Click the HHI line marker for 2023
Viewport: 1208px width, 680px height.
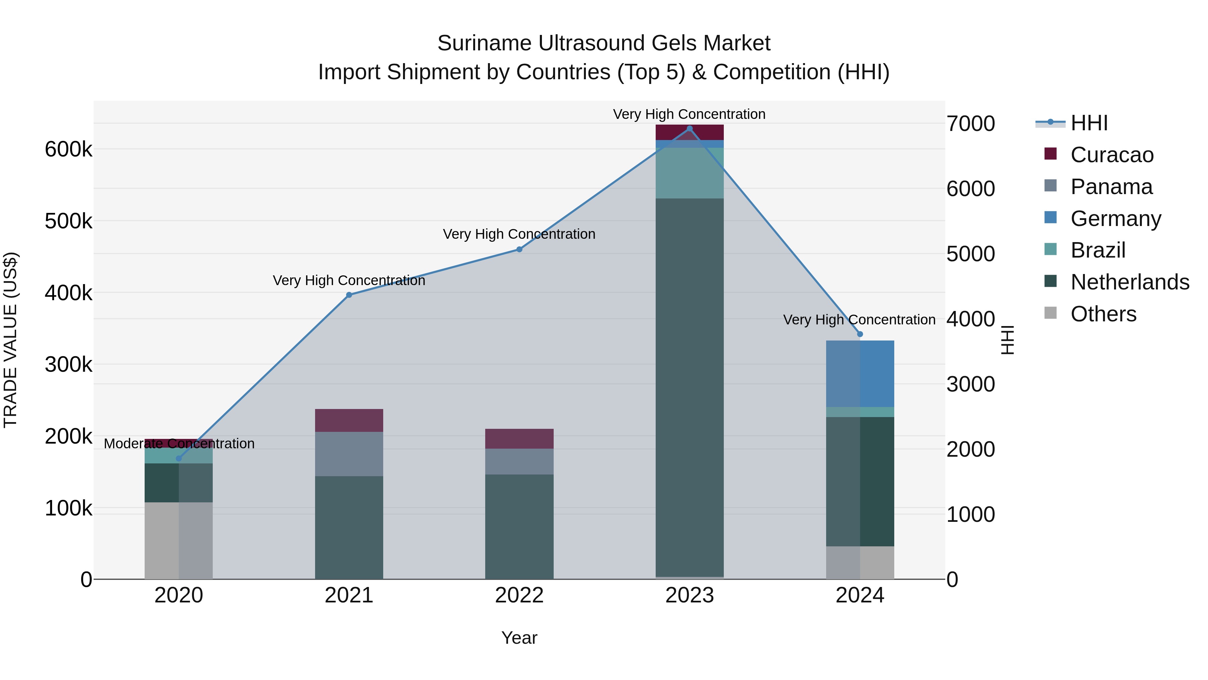pyautogui.click(x=689, y=129)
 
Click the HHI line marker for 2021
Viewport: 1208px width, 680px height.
pyautogui.click(x=349, y=295)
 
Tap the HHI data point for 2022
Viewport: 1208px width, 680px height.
pyautogui.click(x=519, y=250)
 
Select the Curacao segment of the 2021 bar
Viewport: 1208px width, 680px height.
pyautogui.click(x=349, y=420)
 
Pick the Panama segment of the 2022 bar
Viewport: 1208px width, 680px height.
pyautogui.click(x=519, y=461)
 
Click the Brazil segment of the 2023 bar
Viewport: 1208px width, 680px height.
pyautogui.click(x=689, y=173)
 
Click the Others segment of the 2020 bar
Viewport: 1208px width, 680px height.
pyautogui.click(x=179, y=541)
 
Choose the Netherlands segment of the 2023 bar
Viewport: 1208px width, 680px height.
pyautogui.click(x=689, y=387)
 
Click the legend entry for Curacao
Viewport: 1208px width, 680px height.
pyautogui.click(x=1111, y=155)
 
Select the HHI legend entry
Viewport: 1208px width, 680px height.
pyautogui.click(x=1089, y=123)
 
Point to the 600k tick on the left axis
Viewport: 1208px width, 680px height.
pyautogui.click(x=68, y=150)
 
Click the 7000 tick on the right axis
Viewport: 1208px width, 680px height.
pyautogui.click(x=970, y=124)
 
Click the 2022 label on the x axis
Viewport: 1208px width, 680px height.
pyautogui.click(x=519, y=595)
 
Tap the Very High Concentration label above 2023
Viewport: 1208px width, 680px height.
pyautogui.click(x=689, y=114)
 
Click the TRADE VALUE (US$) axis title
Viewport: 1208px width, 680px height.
pyautogui.click(x=10, y=340)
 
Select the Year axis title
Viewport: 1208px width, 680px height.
pyautogui.click(x=519, y=638)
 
